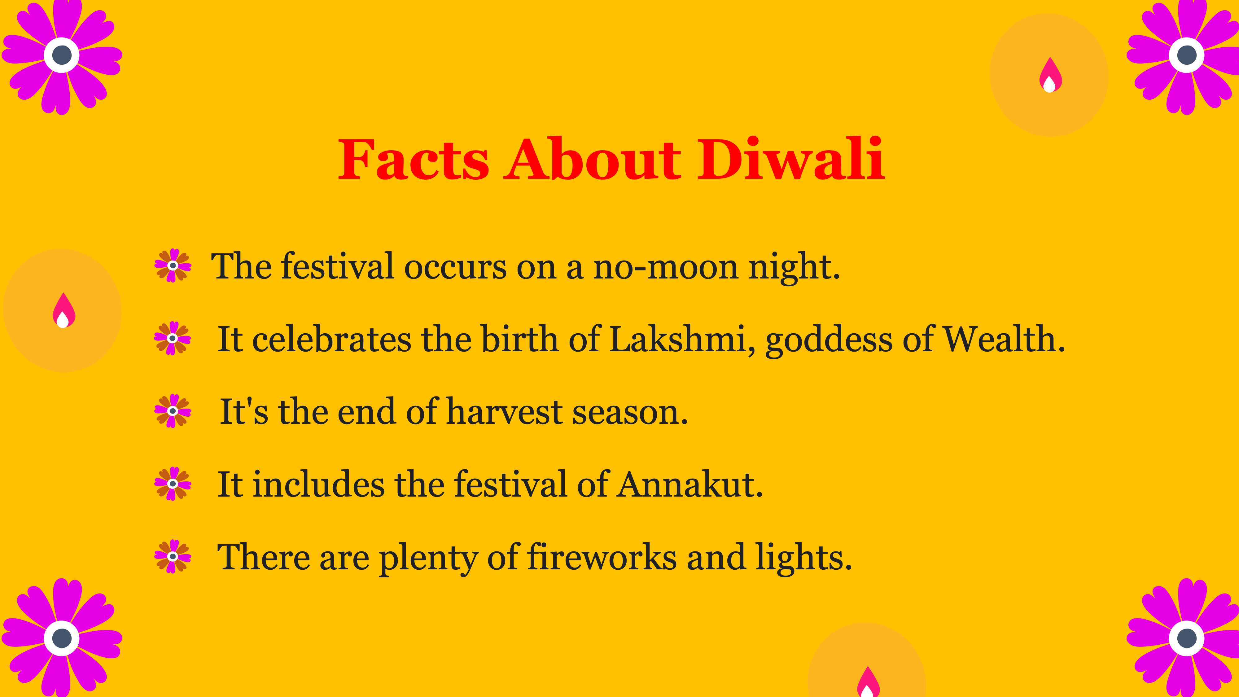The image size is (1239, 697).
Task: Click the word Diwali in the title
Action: pos(791,158)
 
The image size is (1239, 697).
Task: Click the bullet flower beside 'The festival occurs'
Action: pos(173,265)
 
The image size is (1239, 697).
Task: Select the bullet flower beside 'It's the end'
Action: pos(173,411)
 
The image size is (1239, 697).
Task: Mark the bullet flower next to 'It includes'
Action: pos(173,484)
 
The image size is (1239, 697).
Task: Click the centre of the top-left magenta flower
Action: pos(62,55)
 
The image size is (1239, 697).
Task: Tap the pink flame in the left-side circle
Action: pos(63,310)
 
